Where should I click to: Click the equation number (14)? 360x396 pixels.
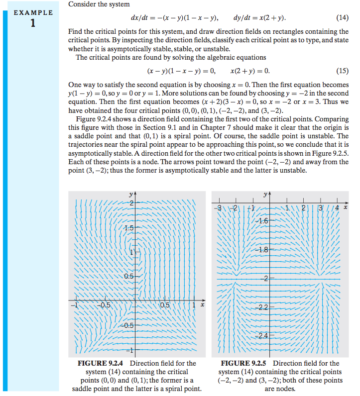[342, 18]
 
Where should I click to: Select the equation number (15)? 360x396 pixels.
[342, 71]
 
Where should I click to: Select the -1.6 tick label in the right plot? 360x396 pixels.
[262, 220]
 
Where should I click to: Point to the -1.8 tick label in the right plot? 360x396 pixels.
[262, 250]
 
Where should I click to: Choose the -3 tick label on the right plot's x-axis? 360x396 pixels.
[218, 207]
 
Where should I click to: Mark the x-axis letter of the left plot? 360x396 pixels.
[202, 305]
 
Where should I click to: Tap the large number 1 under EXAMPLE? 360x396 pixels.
[33, 23]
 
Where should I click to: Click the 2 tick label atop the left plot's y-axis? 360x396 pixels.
[132, 203]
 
